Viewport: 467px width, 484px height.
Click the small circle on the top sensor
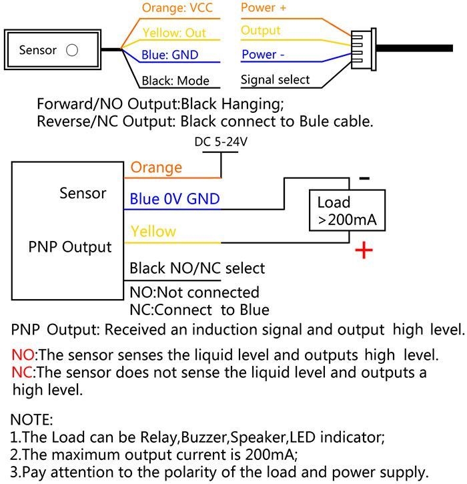click(72, 50)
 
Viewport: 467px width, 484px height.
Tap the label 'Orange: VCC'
click(177, 8)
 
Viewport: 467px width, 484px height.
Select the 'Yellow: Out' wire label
click(174, 33)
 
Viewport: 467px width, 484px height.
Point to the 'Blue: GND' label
click(169, 55)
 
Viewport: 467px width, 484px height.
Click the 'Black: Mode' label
click(175, 81)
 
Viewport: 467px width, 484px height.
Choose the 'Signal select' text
click(275, 79)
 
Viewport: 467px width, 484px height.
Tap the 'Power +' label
click(264, 7)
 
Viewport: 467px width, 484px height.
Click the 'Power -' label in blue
click(263, 54)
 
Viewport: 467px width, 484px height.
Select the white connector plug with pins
click(364, 49)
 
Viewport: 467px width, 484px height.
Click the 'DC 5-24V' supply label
click(221, 142)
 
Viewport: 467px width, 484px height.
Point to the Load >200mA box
click(348, 210)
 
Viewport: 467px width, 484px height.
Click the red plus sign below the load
click(364, 250)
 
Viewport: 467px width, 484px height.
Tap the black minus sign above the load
click(364, 178)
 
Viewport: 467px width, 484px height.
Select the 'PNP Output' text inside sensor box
click(70, 247)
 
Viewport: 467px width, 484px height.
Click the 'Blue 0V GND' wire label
click(175, 199)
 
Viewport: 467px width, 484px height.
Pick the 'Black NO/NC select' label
click(197, 268)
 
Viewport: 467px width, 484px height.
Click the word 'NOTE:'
click(32, 420)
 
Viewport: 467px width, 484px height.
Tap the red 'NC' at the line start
click(22, 373)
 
